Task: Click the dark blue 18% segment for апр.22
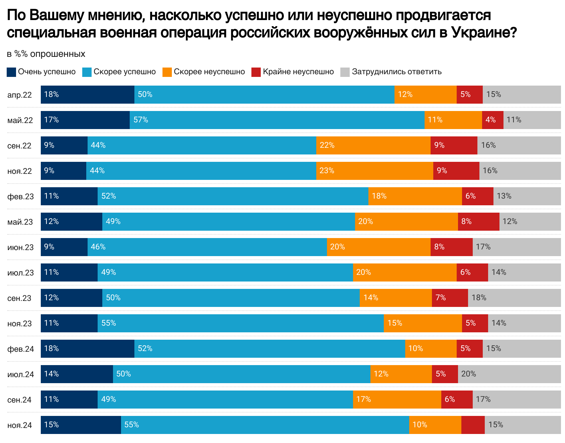[x=88, y=95]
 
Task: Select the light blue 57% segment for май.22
[x=277, y=120]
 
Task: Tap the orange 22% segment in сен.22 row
[x=373, y=145]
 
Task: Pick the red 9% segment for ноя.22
[x=456, y=171]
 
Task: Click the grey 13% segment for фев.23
[x=527, y=196]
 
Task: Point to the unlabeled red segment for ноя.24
[x=473, y=425]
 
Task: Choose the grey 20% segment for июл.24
[x=509, y=374]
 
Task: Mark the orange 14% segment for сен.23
[x=395, y=298]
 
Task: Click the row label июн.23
[x=20, y=247]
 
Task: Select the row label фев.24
[x=21, y=349]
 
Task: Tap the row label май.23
[x=20, y=222]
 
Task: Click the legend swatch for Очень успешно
[x=11, y=72]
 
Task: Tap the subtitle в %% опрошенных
[x=46, y=54]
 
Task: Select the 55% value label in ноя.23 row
[x=109, y=323]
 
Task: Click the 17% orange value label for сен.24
[x=363, y=400]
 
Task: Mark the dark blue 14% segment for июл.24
[x=77, y=374]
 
